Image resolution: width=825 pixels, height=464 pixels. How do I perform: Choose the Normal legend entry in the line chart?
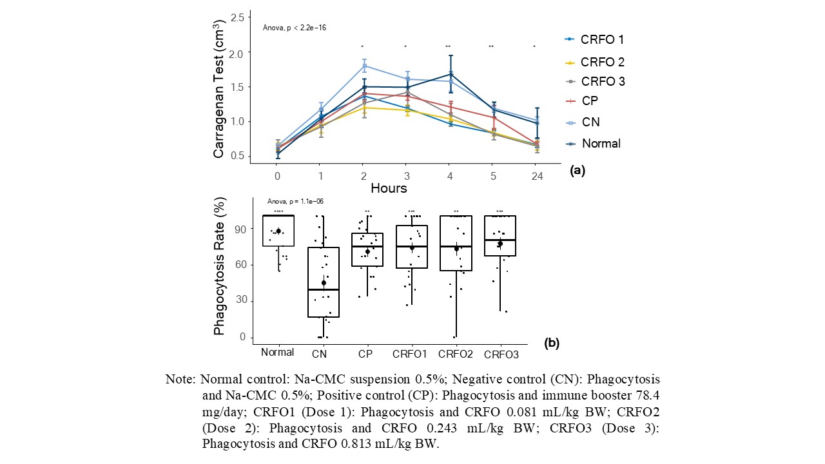pos(593,143)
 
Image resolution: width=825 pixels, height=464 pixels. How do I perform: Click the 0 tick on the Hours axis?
pos(277,175)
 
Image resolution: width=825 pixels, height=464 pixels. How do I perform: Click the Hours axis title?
pos(389,188)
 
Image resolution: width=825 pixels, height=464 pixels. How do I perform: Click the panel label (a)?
pos(577,170)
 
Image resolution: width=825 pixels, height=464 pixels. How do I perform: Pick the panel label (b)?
pos(551,343)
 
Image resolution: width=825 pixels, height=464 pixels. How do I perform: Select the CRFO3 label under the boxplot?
pos(500,353)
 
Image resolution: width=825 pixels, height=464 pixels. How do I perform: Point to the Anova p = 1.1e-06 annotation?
pos(296,202)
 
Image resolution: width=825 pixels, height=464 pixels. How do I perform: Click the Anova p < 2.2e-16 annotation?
pos(295,28)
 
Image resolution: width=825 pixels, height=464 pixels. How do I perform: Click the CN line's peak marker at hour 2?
pos(364,66)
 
